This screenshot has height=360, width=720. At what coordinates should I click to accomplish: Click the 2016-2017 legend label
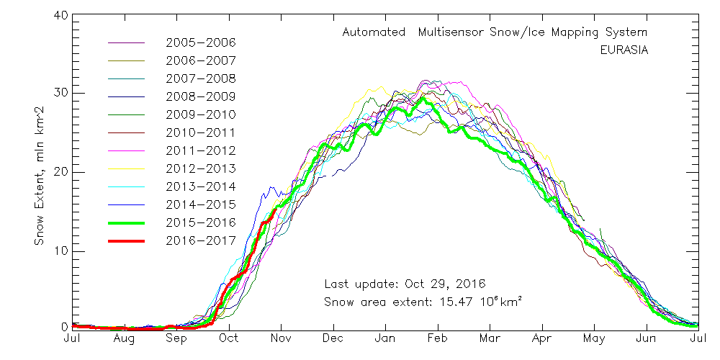(201, 240)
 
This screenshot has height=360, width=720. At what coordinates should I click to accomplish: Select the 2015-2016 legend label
(201, 222)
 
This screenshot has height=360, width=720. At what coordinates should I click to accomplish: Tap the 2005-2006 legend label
(201, 42)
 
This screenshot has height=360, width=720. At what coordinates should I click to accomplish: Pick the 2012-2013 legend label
(201, 168)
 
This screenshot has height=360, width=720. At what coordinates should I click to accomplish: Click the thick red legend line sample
(126, 240)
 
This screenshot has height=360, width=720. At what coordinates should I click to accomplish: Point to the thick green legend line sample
(126, 222)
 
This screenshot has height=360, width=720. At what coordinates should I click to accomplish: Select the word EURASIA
(624, 50)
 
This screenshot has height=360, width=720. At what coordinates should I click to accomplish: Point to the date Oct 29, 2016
(445, 284)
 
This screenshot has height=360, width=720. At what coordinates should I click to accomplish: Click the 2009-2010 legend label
(201, 114)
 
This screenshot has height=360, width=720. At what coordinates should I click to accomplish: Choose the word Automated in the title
(374, 32)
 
